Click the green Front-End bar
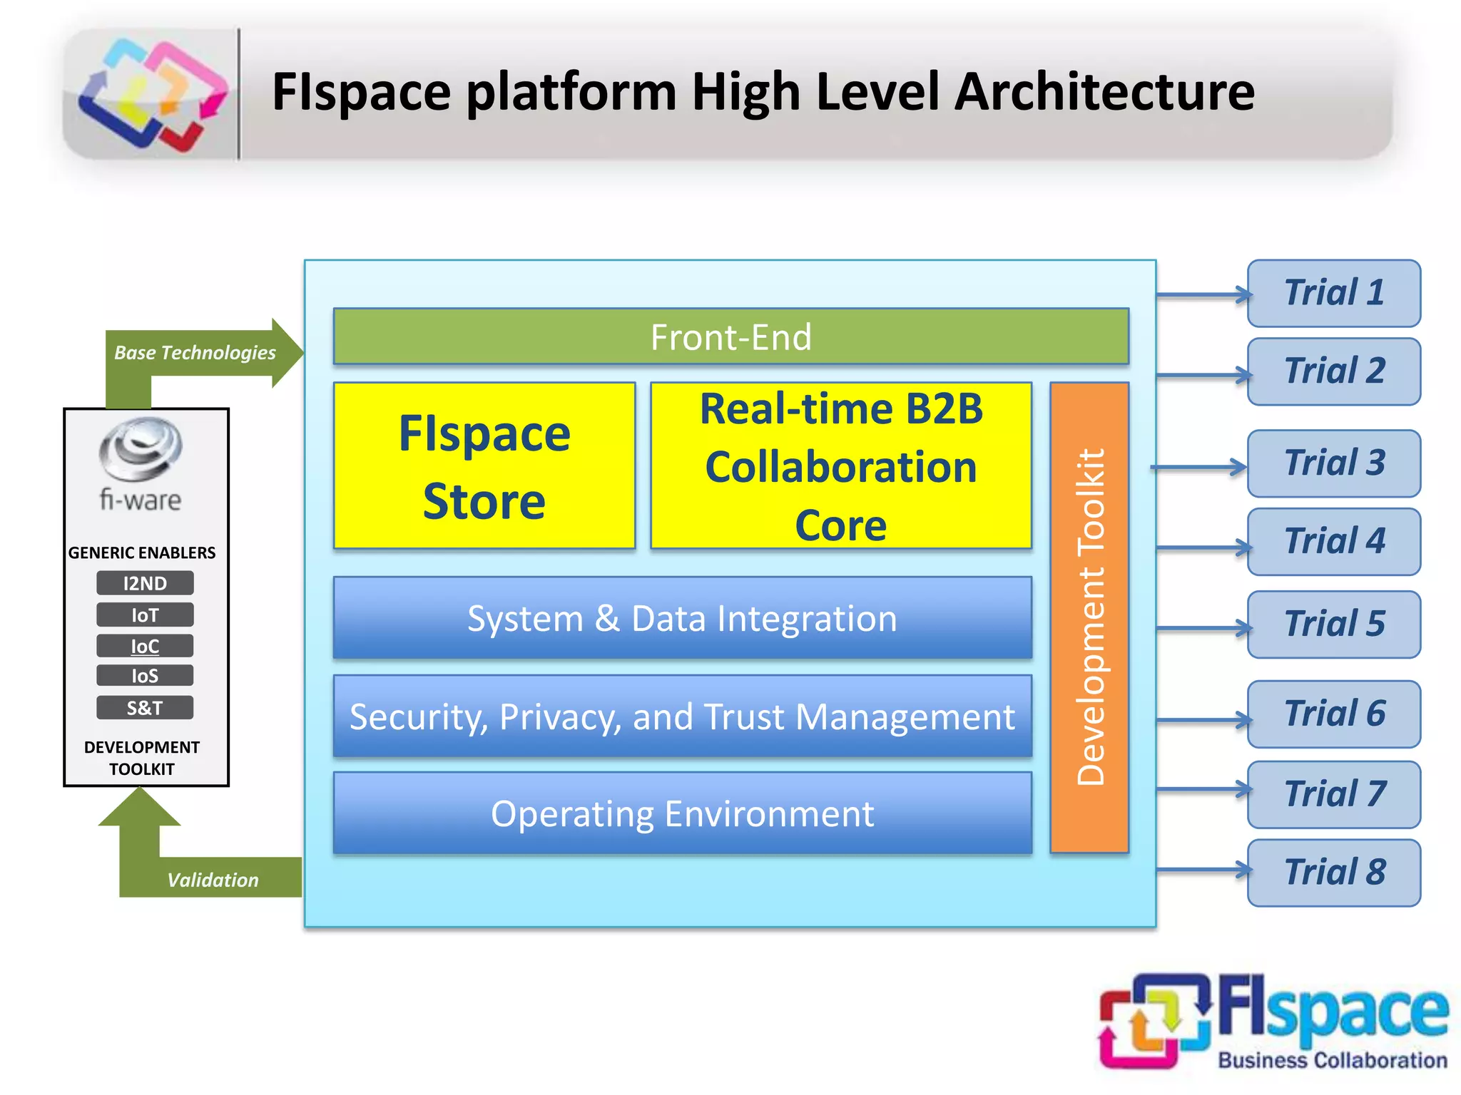[730, 337]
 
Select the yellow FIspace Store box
[484, 466]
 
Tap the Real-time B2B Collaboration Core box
[841, 466]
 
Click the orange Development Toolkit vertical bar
[1089, 617]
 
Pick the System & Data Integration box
[682, 618]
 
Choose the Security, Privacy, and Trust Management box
[682, 716]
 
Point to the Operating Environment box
[682, 813]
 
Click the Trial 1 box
[1333, 293]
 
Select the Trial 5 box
[1333, 624]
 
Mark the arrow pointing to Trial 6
[1203, 720]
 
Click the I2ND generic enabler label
[145, 583]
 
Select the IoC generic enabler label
[145, 646]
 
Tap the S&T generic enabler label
[145, 708]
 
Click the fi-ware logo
[141, 463]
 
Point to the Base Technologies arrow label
[195, 353]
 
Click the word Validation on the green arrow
[213, 880]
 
